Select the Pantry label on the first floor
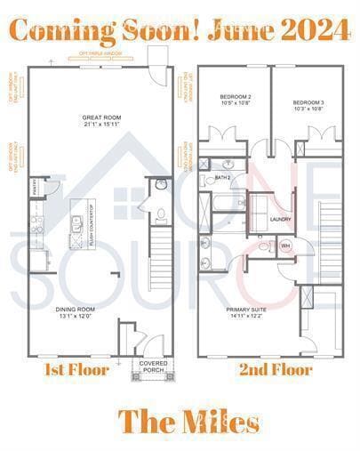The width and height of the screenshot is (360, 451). coord(35,188)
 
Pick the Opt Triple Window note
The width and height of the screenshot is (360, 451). coord(100,53)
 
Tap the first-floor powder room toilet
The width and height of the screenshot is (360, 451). coord(160,214)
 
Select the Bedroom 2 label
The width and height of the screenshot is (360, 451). coord(236,96)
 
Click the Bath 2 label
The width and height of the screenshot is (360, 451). coord(223,178)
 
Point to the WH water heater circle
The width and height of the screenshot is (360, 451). coord(285,245)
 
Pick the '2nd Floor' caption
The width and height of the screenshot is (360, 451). coord(275,369)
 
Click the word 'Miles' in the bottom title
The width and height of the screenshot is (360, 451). coord(217,421)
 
